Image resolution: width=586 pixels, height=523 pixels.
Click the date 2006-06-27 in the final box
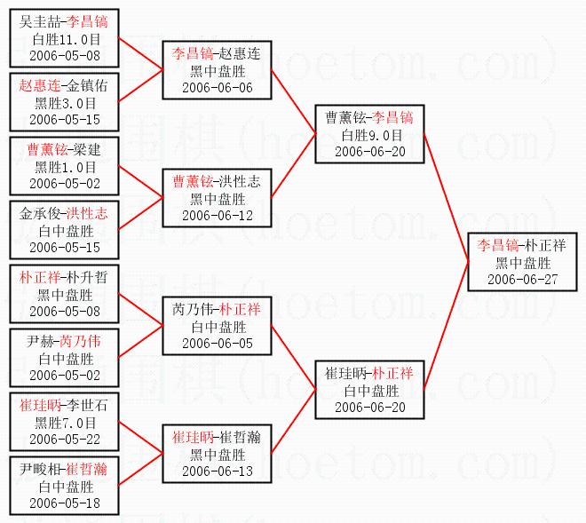pyautogui.click(x=522, y=280)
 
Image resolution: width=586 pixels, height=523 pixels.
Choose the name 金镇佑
pyautogui.click(x=87, y=86)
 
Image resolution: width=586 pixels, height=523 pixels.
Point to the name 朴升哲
pyautogui.click(x=87, y=277)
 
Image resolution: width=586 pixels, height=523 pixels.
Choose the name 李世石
pyautogui.click(x=87, y=406)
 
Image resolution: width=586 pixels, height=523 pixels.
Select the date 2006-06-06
pyautogui.click(x=218, y=87)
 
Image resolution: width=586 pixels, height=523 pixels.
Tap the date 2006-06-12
pyautogui.click(x=218, y=215)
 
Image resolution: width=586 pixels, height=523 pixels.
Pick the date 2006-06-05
pyautogui.click(x=218, y=343)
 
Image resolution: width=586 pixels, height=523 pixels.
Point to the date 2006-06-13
pyautogui.click(x=218, y=471)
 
